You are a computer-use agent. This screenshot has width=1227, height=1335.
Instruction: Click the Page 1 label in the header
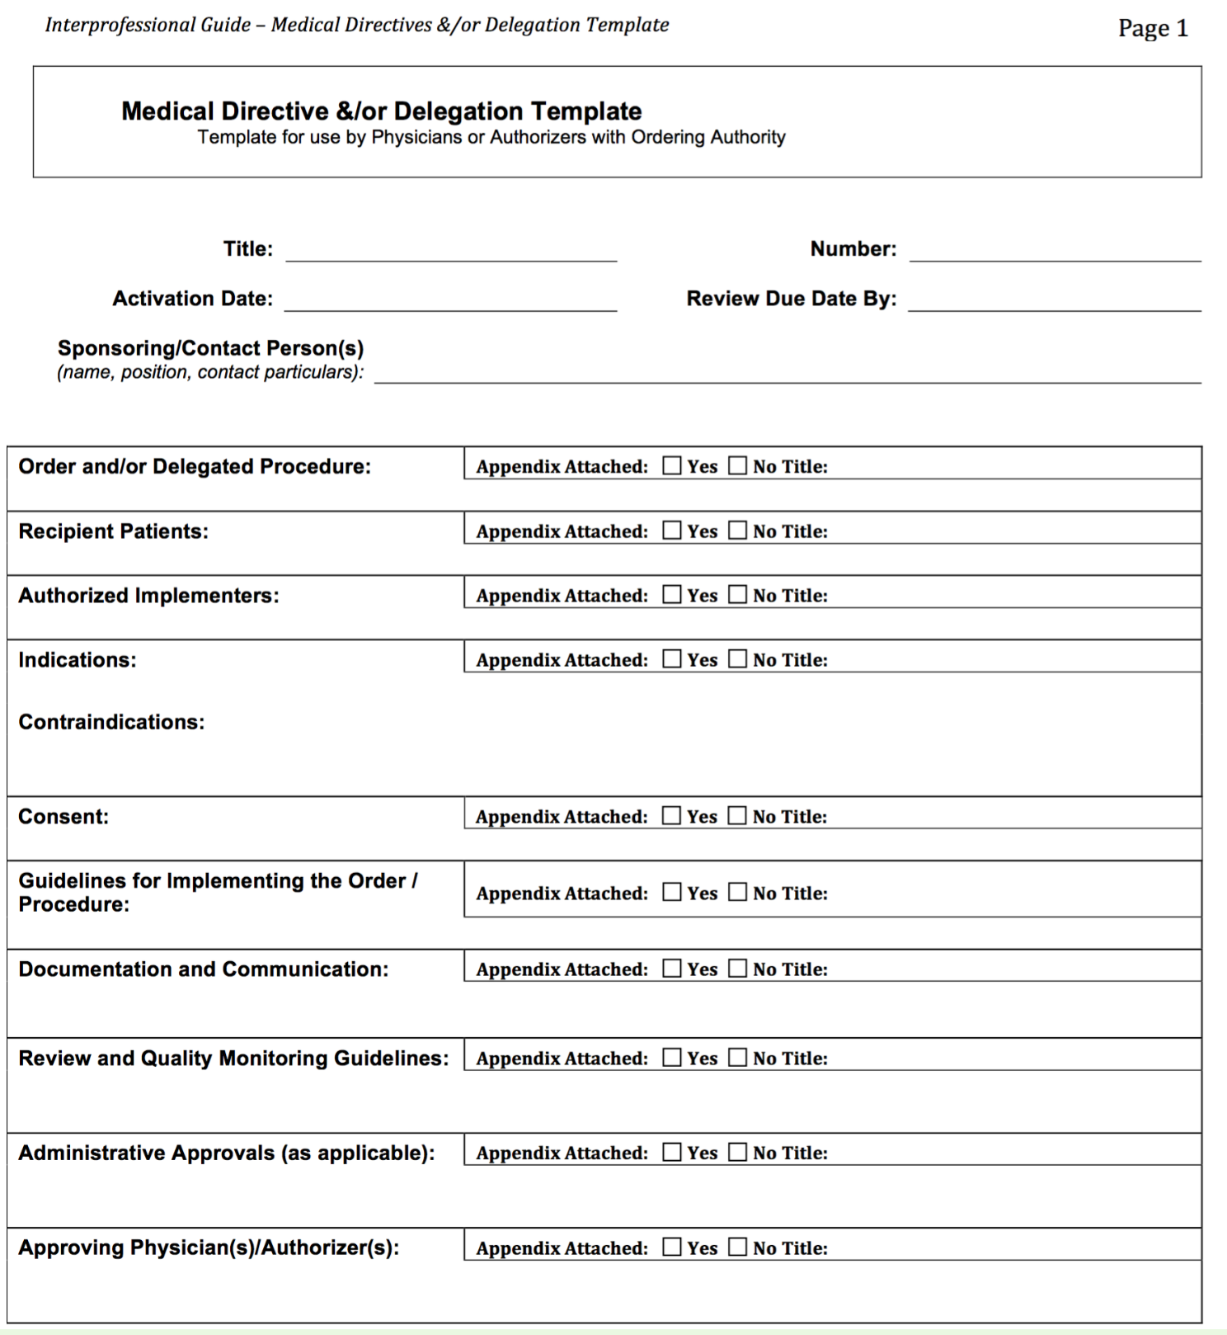pos(1152,29)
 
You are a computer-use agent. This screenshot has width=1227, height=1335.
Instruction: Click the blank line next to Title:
pos(451,252)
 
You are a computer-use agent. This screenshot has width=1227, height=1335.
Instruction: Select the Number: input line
pos(1055,252)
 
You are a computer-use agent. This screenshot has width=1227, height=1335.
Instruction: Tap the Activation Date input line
pos(450,301)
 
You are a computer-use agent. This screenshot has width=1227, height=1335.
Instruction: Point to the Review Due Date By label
pos(791,299)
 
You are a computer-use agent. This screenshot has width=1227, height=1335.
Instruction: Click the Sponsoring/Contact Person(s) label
pos(210,348)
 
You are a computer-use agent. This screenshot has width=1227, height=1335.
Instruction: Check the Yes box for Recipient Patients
pos(672,531)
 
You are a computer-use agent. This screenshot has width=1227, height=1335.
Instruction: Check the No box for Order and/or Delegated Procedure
pos(737,466)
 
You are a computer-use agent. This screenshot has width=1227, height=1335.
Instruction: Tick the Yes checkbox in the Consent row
pos(672,816)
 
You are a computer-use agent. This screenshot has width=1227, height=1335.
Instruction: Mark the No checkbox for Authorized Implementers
pos(737,595)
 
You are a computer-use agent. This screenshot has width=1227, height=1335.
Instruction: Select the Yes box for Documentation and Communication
pos(672,969)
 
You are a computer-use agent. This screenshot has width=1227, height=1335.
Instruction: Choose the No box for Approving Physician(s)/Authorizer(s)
pos(737,1248)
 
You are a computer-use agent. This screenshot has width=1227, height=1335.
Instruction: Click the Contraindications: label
pos(111,722)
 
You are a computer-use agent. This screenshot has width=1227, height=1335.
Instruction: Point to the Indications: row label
pos(78,660)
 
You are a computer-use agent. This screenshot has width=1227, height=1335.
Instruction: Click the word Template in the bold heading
pos(585,111)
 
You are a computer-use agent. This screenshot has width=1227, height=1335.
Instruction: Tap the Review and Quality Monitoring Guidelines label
pos(233,1058)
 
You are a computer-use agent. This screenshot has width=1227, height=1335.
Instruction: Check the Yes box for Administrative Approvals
pos(672,1153)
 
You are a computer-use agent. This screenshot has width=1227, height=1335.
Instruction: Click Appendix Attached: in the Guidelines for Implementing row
pos(562,894)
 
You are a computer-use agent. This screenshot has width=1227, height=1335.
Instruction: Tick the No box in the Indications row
pos(737,659)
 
